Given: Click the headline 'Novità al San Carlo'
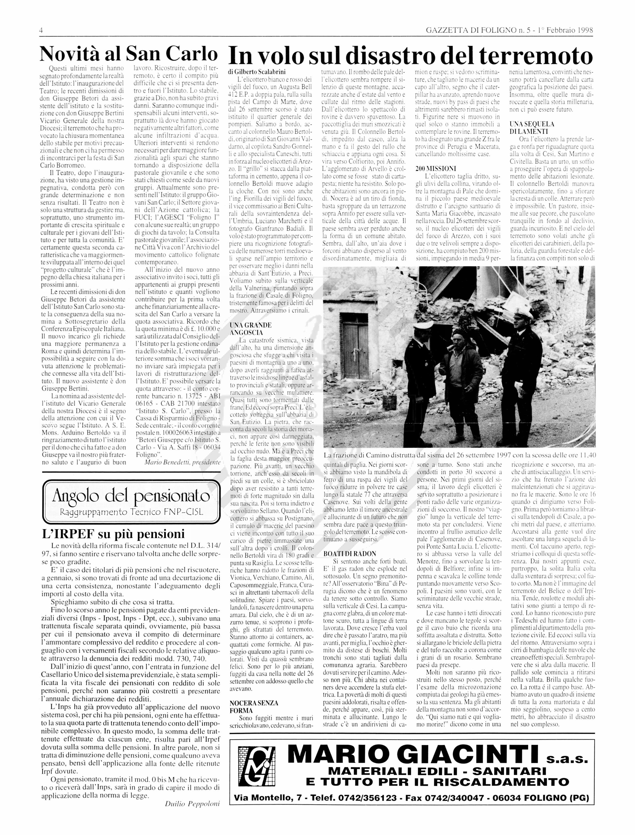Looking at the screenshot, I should [x=129, y=54].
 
